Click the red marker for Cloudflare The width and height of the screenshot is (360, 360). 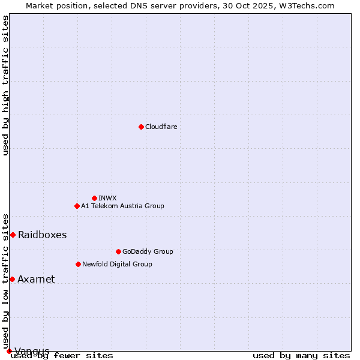(141, 127)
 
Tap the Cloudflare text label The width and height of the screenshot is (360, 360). (161, 127)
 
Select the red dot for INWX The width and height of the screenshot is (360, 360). (94, 198)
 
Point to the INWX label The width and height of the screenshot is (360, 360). (107, 198)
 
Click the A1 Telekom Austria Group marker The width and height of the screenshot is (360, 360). (77, 206)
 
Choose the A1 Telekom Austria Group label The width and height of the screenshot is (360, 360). (122, 206)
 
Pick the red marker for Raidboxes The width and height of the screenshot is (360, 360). (13, 235)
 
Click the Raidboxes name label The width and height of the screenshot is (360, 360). (42, 235)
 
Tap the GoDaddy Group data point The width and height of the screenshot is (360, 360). (118, 251)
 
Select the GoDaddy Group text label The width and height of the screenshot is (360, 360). (147, 251)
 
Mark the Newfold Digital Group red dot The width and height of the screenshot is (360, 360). (78, 264)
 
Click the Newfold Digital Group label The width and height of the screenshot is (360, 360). (117, 264)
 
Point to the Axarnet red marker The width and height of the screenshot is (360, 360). (12, 279)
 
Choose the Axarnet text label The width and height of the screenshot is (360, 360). (36, 279)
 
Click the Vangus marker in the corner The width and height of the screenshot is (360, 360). (9, 351)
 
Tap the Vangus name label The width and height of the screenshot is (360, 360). (32, 351)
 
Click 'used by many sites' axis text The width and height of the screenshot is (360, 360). (301, 356)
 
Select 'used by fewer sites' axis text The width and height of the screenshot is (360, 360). (62, 356)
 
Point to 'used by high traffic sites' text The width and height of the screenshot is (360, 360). (6, 85)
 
